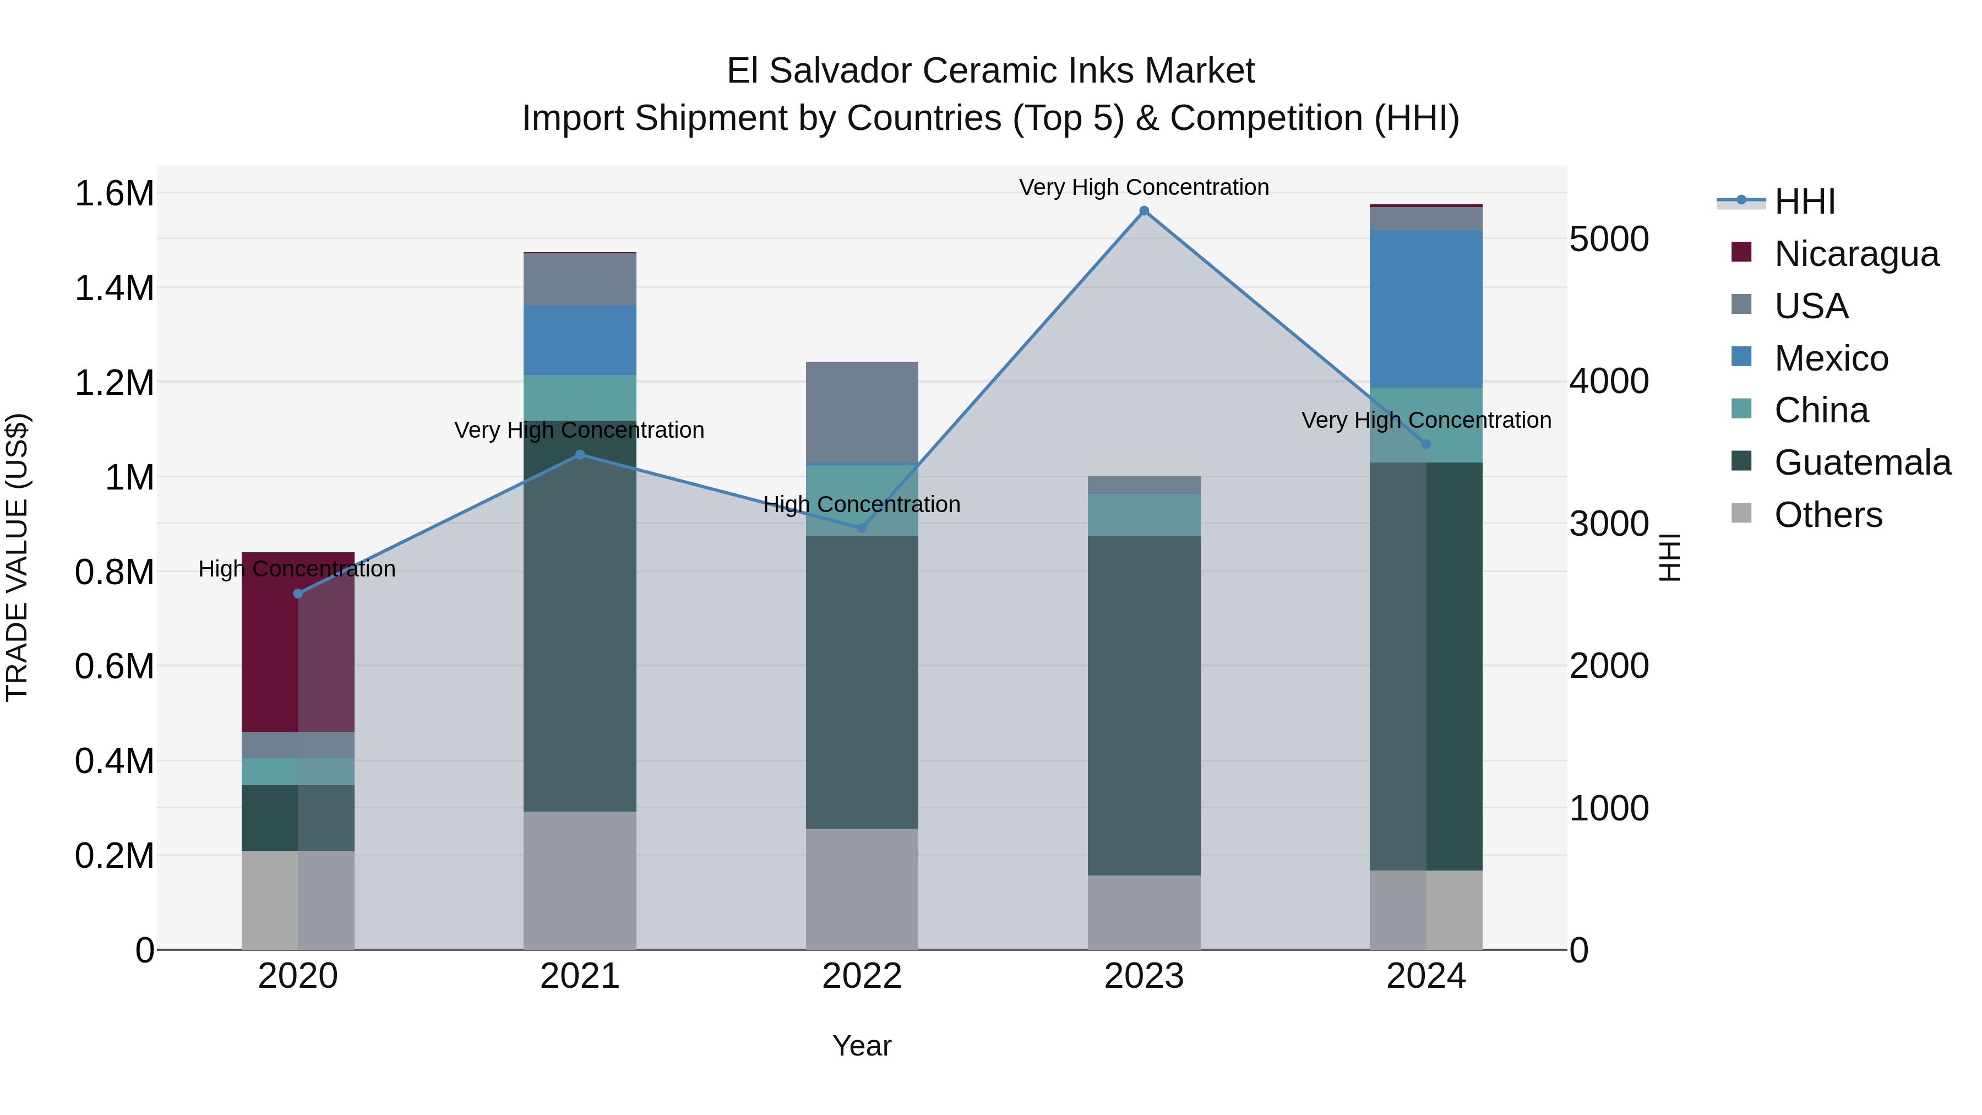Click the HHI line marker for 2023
tap(1144, 211)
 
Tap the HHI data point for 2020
tap(298, 593)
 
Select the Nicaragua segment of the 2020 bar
tap(298, 642)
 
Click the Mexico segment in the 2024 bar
tap(1426, 308)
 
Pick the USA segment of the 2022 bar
tap(862, 412)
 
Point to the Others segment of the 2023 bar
tap(1144, 912)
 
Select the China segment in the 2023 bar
tap(1144, 515)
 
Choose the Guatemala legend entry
tap(1861, 463)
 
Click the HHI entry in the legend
tap(1804, 202)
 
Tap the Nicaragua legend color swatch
tap(1741, 252)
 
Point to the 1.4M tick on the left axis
tap(114, 289)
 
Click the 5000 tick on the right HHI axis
tap(1609, 240)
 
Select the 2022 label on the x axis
tap(862, 976)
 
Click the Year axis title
tap(862, 1046)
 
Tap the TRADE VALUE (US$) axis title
tap(17, 557)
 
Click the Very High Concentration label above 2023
tap(1144, 187)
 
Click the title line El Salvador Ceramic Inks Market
tap(990, 71)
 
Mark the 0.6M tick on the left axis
tap(114, 666)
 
